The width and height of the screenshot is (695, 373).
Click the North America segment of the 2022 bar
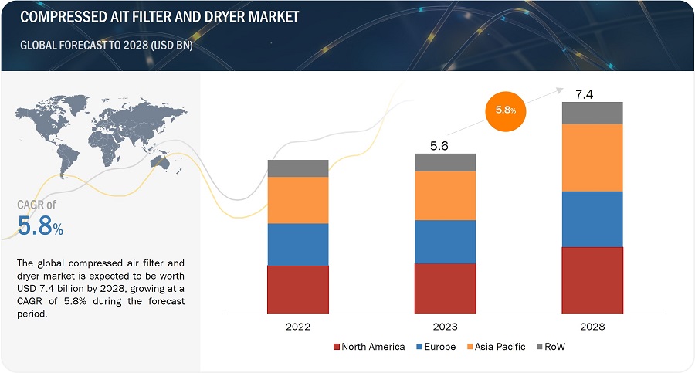pyautogui.click(x=298, y=289)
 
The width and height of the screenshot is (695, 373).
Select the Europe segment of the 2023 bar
pyautogui.click(x=445, y=242)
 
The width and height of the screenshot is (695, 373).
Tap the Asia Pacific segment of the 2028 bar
pyautogui.click(x=592, y=158)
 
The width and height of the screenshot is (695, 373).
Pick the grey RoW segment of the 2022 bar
pyautogui.click(x=298, y=168)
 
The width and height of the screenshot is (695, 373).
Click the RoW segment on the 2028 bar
pyautogui.click(x=592, y=113)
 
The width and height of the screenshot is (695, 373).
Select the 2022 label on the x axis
pyautogui.click(x=298, y=327)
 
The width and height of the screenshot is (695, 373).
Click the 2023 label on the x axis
pyautogui.click(x=445, y=327)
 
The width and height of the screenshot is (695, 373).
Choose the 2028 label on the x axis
pyautogui.click(x=592, y=327)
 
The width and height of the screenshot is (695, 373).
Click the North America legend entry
pyautogui.click(x=369, y=347)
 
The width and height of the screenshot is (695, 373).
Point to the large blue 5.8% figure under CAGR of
pyautogui.click(x=40, y=225)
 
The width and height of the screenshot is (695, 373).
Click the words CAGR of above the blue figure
pyautogui.click(x=37, y=205)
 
